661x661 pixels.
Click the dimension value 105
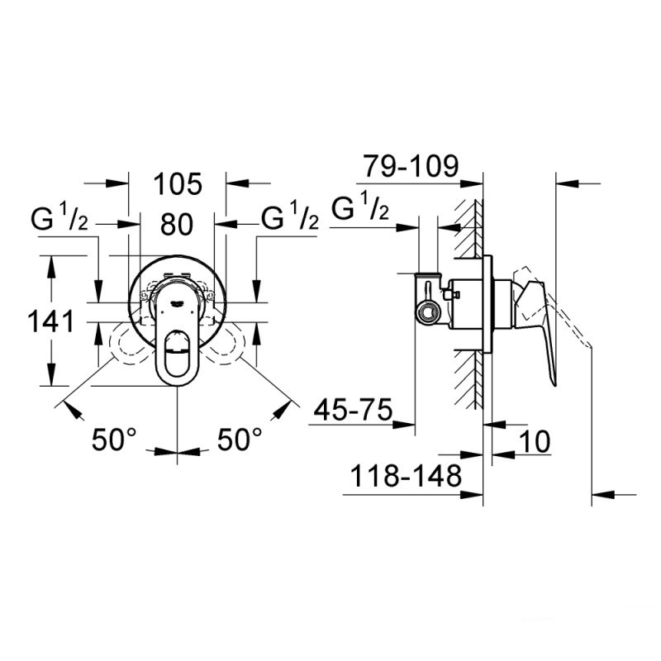(178, 183)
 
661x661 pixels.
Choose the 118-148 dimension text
(406, 477)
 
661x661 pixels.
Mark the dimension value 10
(535, 441)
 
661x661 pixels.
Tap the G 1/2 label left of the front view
(60, 220)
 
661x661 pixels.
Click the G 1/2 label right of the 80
(290, 220)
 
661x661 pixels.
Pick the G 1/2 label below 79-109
(359, 210)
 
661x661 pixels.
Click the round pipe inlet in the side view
(428, 311)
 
